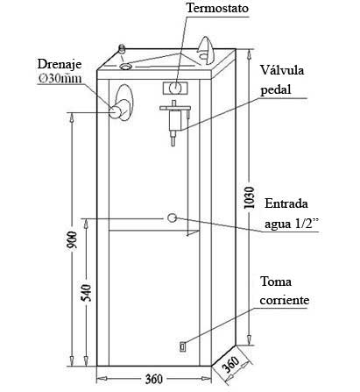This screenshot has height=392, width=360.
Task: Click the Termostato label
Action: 217,8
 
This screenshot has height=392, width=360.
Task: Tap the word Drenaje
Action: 60,65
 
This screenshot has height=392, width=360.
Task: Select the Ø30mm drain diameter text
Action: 60,78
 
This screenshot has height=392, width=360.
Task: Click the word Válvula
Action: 282,70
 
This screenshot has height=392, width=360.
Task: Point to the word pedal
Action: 276,89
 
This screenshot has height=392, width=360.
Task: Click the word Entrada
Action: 286,203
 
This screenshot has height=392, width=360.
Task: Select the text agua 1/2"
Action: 291,224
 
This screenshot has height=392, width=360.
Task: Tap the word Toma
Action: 276,282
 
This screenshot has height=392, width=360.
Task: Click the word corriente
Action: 284,300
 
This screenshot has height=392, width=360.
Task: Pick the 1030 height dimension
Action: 250,197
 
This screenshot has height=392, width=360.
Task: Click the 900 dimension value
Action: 72,240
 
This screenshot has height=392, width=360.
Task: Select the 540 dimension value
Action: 87,293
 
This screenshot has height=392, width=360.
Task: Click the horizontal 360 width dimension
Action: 153,380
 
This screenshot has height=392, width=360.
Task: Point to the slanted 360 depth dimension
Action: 231,363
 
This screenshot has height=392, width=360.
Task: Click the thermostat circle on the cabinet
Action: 175,88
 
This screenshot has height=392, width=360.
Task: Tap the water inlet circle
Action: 172,217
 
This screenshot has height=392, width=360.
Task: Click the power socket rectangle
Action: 182,346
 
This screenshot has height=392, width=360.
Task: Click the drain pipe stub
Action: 118,110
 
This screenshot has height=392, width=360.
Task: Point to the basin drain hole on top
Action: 126,67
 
